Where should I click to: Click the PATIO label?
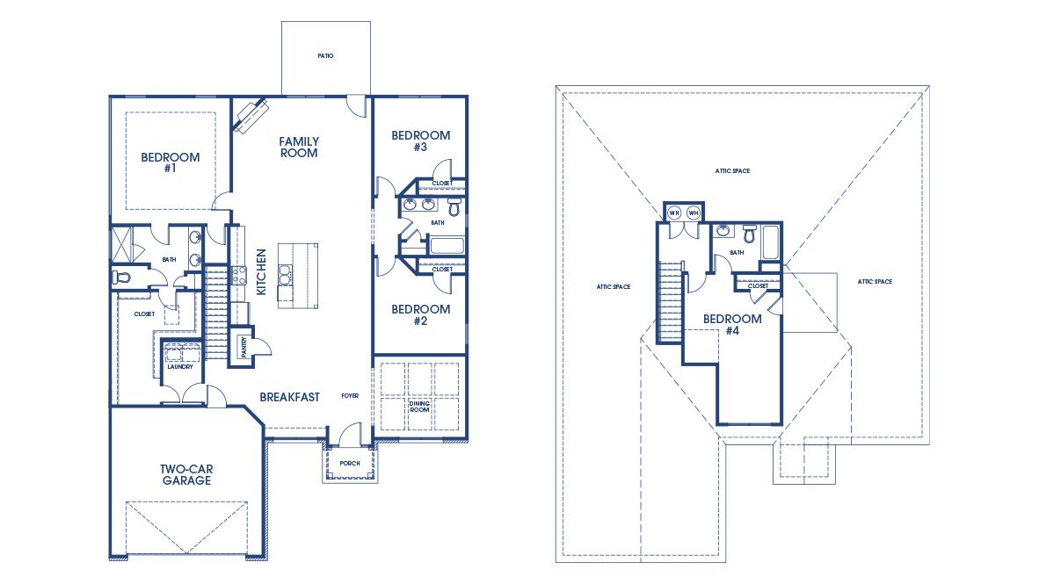click(x=325, y=56)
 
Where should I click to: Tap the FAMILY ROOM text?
click(x=299, y=147)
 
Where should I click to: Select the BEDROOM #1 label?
click(x=171, y=162)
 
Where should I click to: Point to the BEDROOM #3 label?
click(x=420, y=141)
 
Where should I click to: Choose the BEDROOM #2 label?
click(x=420, y=314)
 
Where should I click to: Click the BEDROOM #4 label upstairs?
click(x=732, y=324)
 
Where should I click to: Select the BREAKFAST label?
click(x=289, y=397)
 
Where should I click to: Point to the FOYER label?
click(x=350, y=396)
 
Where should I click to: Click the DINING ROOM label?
click(x=419, y=407)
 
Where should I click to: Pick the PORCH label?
click(x=350, y=463)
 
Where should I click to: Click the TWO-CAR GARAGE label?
click(x=185, y=474)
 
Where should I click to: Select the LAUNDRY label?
click(x=180, y=366)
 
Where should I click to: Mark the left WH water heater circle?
click(x=674, y=213)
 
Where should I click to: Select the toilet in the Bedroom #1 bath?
click(x=121, y=277)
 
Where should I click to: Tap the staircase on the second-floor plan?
click(x=671, y=301)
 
